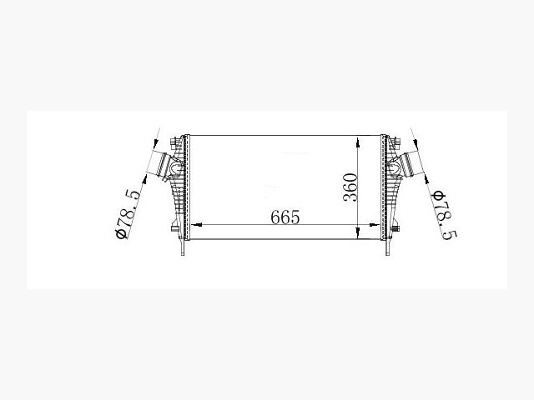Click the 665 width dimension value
tap(285, 217)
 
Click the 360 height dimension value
tap(350, 187)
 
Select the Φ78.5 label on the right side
tap(444, 215)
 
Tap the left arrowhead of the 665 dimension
tap(197, 224)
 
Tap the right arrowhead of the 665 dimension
tap(375, 224)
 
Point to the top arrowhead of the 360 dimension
tap(357, 142)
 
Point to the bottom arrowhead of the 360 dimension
tap(357, 233)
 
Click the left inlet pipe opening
tap(158, 164)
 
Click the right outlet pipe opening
tap(411, 165)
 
